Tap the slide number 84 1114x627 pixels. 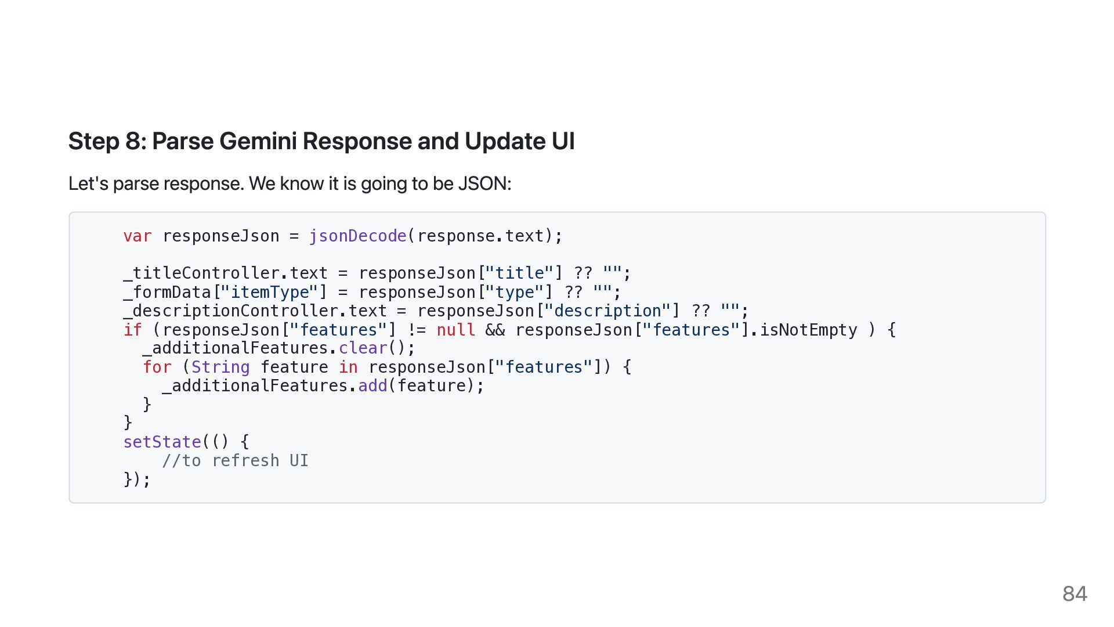[x=1075, y=593]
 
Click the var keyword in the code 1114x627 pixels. [x=138, y=236]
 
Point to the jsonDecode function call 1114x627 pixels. [x=357, y=236]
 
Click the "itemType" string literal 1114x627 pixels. [x=270, y=292]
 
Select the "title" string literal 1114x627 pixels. [x=519, y=273]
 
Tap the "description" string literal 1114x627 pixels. [x=607, y=311]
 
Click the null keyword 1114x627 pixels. [x=456, y=330]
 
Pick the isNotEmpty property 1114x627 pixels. [x=808, y=330]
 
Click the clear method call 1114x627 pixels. [x=363, y=348]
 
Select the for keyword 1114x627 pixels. [x=157, y=367]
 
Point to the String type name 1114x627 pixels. [x=220, y=367]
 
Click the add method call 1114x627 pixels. [x=372, y=385]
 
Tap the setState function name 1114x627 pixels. [x=162, y=442]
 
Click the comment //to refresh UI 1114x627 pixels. [x=235, y=460]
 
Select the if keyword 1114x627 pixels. [x=132, y=330]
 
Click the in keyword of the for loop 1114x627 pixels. [x=348, y=367]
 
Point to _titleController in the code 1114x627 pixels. [x=201, y=273]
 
